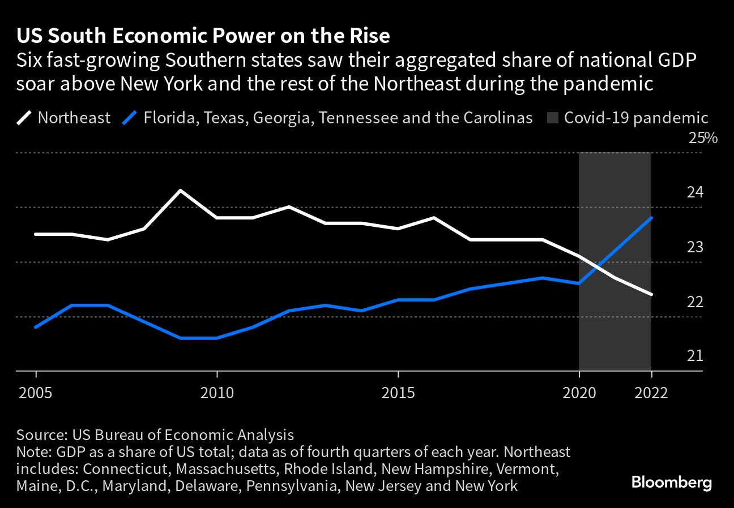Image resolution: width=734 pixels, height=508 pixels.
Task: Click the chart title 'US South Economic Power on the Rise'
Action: click(x=203, y=36)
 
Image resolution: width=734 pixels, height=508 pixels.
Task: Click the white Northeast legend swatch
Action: click(x=24, y=118)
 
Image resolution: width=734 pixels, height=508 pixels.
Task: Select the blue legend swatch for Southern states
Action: click(x=130, y=118)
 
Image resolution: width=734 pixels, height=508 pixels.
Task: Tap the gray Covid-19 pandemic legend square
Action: click(x=553, y=118)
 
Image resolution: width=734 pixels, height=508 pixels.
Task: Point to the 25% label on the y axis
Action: click(x=702, y=138)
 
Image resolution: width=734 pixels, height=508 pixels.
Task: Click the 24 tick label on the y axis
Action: click(x=695, y=193)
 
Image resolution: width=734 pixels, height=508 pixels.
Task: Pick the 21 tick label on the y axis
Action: click(x=694, y=356)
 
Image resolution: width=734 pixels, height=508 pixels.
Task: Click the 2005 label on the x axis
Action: click(x=36, y=392)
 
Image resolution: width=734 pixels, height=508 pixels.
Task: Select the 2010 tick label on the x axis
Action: click(x=217, y=392)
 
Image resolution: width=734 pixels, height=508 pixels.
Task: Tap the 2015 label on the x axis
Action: click(x=398, y=392)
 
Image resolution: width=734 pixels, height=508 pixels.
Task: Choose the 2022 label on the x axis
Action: click(x=651, y=392)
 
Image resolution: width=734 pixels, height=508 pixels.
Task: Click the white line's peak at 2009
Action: click(x=181, y=191)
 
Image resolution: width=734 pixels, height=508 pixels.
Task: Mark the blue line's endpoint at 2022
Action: click(x=651, y=218)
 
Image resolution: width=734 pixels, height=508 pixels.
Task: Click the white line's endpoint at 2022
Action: click(x=651, y=294)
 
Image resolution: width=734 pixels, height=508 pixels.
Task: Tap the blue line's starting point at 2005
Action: click(x=36, y=327)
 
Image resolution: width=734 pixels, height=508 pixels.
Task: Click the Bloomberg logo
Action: click(x=672, y=483)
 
